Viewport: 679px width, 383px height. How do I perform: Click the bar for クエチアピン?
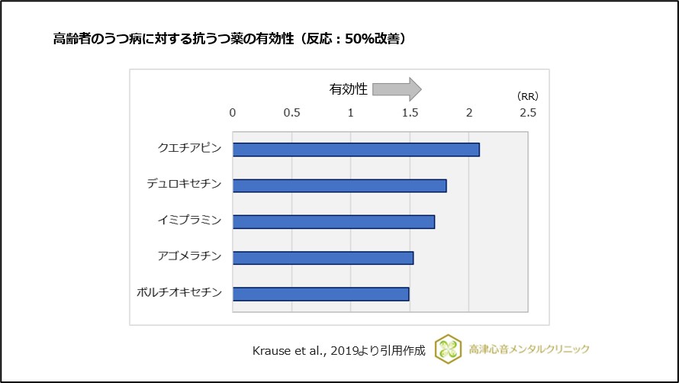[x=356, y=150]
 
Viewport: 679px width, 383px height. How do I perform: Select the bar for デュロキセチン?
[x=339, y=185]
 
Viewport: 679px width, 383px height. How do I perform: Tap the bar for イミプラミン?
[x=333, y=221]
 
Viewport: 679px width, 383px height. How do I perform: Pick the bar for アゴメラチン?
[x=323, y=258]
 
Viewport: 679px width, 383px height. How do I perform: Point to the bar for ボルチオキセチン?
[x=320, y=294]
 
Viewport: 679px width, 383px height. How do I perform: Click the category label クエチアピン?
[x=189, y=148]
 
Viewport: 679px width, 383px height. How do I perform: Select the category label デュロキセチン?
[x=184, y=184]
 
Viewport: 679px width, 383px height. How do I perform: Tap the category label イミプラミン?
[x=189, y=220]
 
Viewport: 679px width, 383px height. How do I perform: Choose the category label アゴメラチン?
[x=189, y=256]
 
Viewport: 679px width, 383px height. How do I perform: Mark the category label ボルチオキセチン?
[x=179, y=293]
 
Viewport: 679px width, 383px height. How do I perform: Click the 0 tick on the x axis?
[x=233, y=112]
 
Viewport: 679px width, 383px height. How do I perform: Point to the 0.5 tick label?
[x=291, y=112]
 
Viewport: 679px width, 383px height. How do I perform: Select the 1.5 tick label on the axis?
[x=410, y=112]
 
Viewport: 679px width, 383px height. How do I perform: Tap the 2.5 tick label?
[x=527, y=112]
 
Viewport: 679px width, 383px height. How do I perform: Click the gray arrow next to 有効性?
[x=397, y=89]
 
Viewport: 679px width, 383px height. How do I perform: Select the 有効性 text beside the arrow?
[x=349, y=89]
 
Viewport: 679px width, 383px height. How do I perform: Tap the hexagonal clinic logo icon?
[x=448, y=349]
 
